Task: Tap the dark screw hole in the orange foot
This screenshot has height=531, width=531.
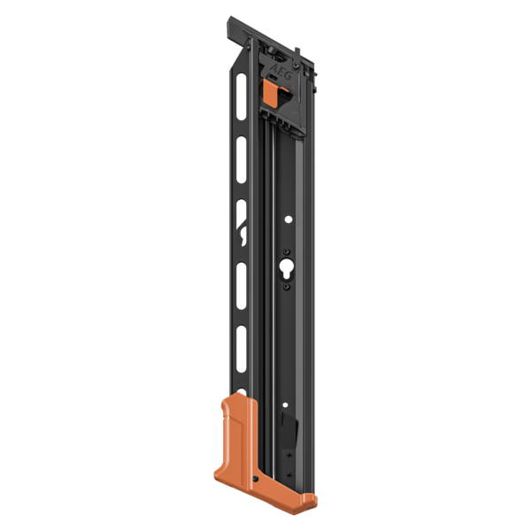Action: click(x=255, y=480)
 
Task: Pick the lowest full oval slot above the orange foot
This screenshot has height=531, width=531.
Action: click(x=240, y=344)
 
